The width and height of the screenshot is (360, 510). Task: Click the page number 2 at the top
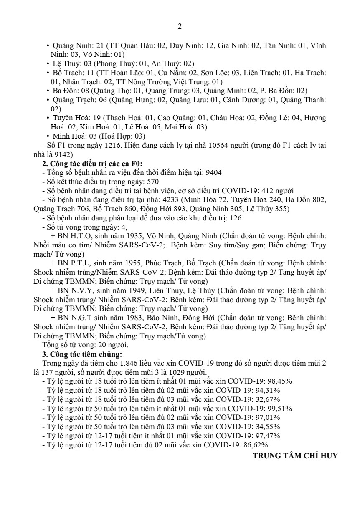tap(180, 27)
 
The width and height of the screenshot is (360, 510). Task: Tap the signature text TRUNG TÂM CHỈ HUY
tap(295, 455)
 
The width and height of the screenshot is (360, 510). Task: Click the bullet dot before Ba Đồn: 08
tap(48, 90)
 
